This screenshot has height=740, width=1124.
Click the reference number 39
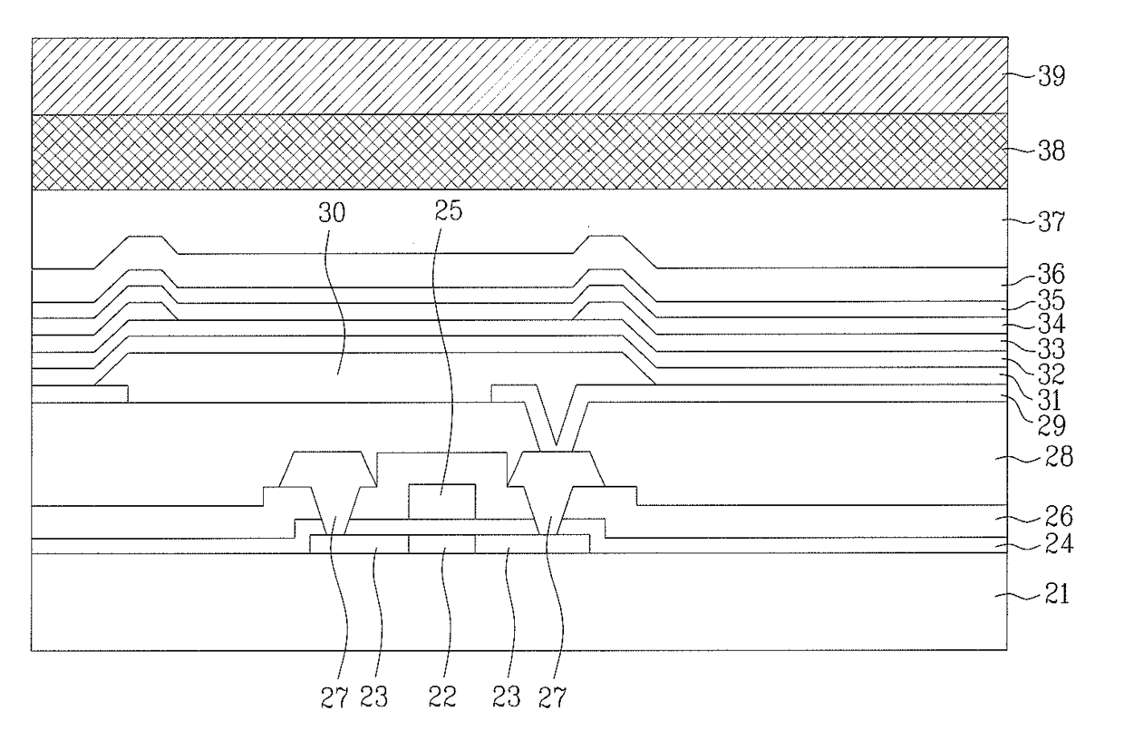[1052, 77]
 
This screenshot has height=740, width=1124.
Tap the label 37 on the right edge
[1052, 222]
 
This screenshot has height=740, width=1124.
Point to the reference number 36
[1052, 275]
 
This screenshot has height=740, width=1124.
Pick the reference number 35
[1052, 300]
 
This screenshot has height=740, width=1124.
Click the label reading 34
[1052, 324]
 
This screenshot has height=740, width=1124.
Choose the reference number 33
[1052, 349]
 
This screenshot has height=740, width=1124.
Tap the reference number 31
[1052, 398]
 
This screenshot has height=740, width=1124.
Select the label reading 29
[1052, 424]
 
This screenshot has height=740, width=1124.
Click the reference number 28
[1052, 458]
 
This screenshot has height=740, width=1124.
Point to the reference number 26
[1052, 520]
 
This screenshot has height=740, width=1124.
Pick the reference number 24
[1052, 546]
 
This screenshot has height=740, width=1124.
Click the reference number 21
[1052, 595]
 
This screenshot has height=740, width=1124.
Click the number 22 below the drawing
[442, 696]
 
